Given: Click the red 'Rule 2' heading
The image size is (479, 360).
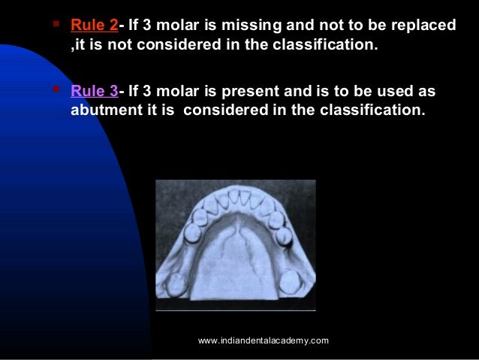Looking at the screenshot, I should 94,26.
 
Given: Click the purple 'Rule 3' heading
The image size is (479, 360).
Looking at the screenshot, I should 94,90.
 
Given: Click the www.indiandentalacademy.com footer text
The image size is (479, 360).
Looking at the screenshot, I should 263,341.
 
